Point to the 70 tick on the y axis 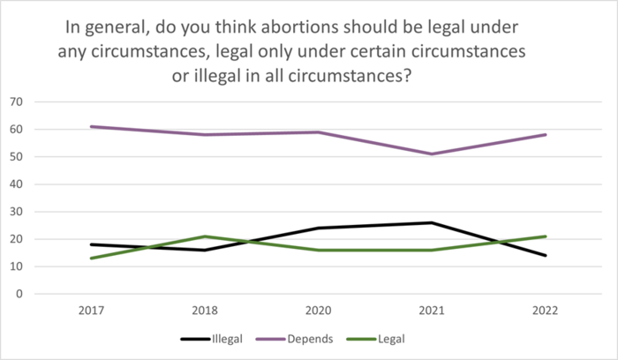tap(15, 102)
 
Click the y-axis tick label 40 tap(15, 184)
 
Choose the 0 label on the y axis tap(19, 294)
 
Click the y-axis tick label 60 tap(15, 130)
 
